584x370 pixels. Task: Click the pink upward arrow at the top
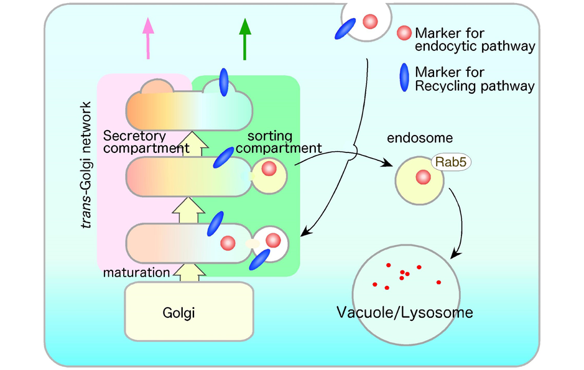147,38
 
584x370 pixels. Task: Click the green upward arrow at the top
245,38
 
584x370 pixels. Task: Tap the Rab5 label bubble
450,163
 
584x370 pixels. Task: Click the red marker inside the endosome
422,178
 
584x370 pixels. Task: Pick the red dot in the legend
404,32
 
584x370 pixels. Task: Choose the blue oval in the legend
404,78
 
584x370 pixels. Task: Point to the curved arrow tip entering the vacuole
455,256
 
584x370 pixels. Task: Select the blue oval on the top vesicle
346,27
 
